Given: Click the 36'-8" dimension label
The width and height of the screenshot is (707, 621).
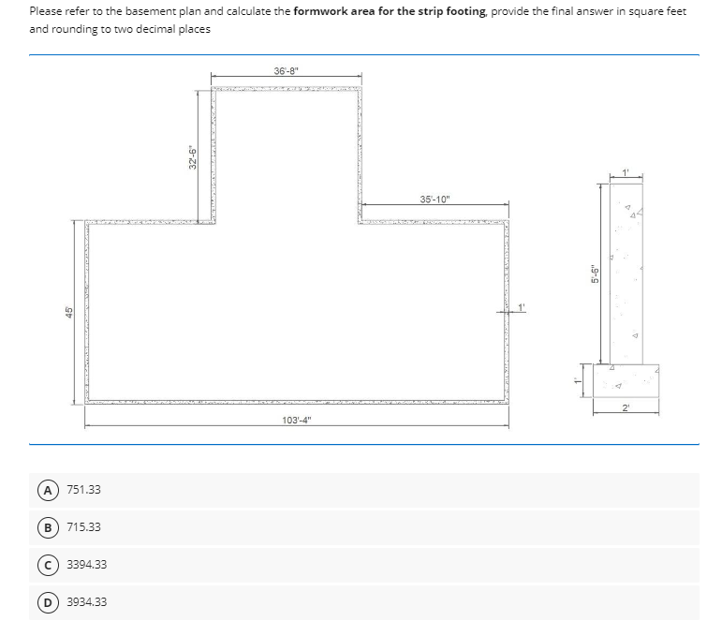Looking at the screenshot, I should (286, 70).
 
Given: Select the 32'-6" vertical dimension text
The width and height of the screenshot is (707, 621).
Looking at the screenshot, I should (191, 155).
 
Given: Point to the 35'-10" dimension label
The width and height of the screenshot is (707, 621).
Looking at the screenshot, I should (435, 199).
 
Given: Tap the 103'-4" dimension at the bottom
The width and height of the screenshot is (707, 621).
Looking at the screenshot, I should (297, 420).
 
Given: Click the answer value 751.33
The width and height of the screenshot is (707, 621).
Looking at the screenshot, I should (83, 490).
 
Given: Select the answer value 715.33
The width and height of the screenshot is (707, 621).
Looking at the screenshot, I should (83, 527).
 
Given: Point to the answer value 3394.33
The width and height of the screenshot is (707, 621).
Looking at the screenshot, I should (86, 564).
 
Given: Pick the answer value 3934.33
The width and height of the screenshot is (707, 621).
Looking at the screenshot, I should (86, 601).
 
